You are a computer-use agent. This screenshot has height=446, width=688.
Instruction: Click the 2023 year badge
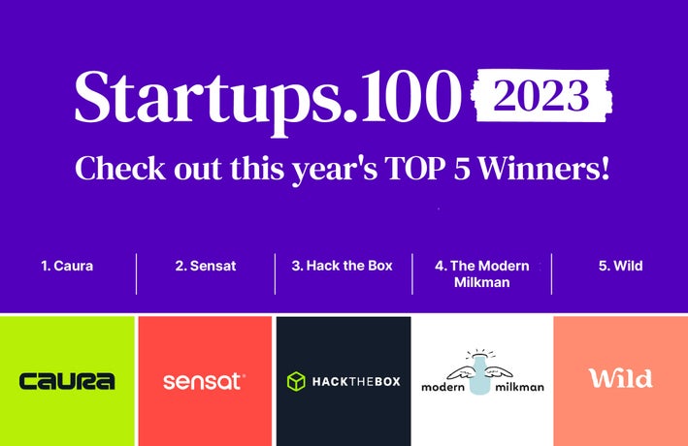(x=542, y=95)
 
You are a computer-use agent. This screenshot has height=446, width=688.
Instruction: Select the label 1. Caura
(x=67, y=266)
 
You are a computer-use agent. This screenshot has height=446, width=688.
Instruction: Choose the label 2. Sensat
(x=206, y=266)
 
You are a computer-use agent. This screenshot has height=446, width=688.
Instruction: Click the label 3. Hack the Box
(x=343, y=266)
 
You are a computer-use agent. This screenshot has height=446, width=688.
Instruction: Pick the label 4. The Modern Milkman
(x=481, y=273)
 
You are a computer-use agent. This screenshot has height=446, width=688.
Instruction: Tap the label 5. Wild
(x=621, y=266)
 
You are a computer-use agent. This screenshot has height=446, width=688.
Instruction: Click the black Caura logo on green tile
(x=67, y=381)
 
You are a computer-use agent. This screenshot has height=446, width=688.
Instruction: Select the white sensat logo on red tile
(x=204, y=381)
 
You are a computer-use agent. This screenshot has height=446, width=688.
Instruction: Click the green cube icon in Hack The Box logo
(x=296, y=382)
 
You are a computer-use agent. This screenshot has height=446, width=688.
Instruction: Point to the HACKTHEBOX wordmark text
(x=354, y=382)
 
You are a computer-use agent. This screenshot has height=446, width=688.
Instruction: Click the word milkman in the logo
(x=520, y=386)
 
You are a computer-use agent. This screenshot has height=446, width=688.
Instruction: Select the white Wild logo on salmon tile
(x=620, y=378)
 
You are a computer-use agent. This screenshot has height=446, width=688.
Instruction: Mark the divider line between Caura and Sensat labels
(x=137, y=273)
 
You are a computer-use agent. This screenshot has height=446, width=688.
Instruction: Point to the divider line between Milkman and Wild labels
(x=552, y=273)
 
